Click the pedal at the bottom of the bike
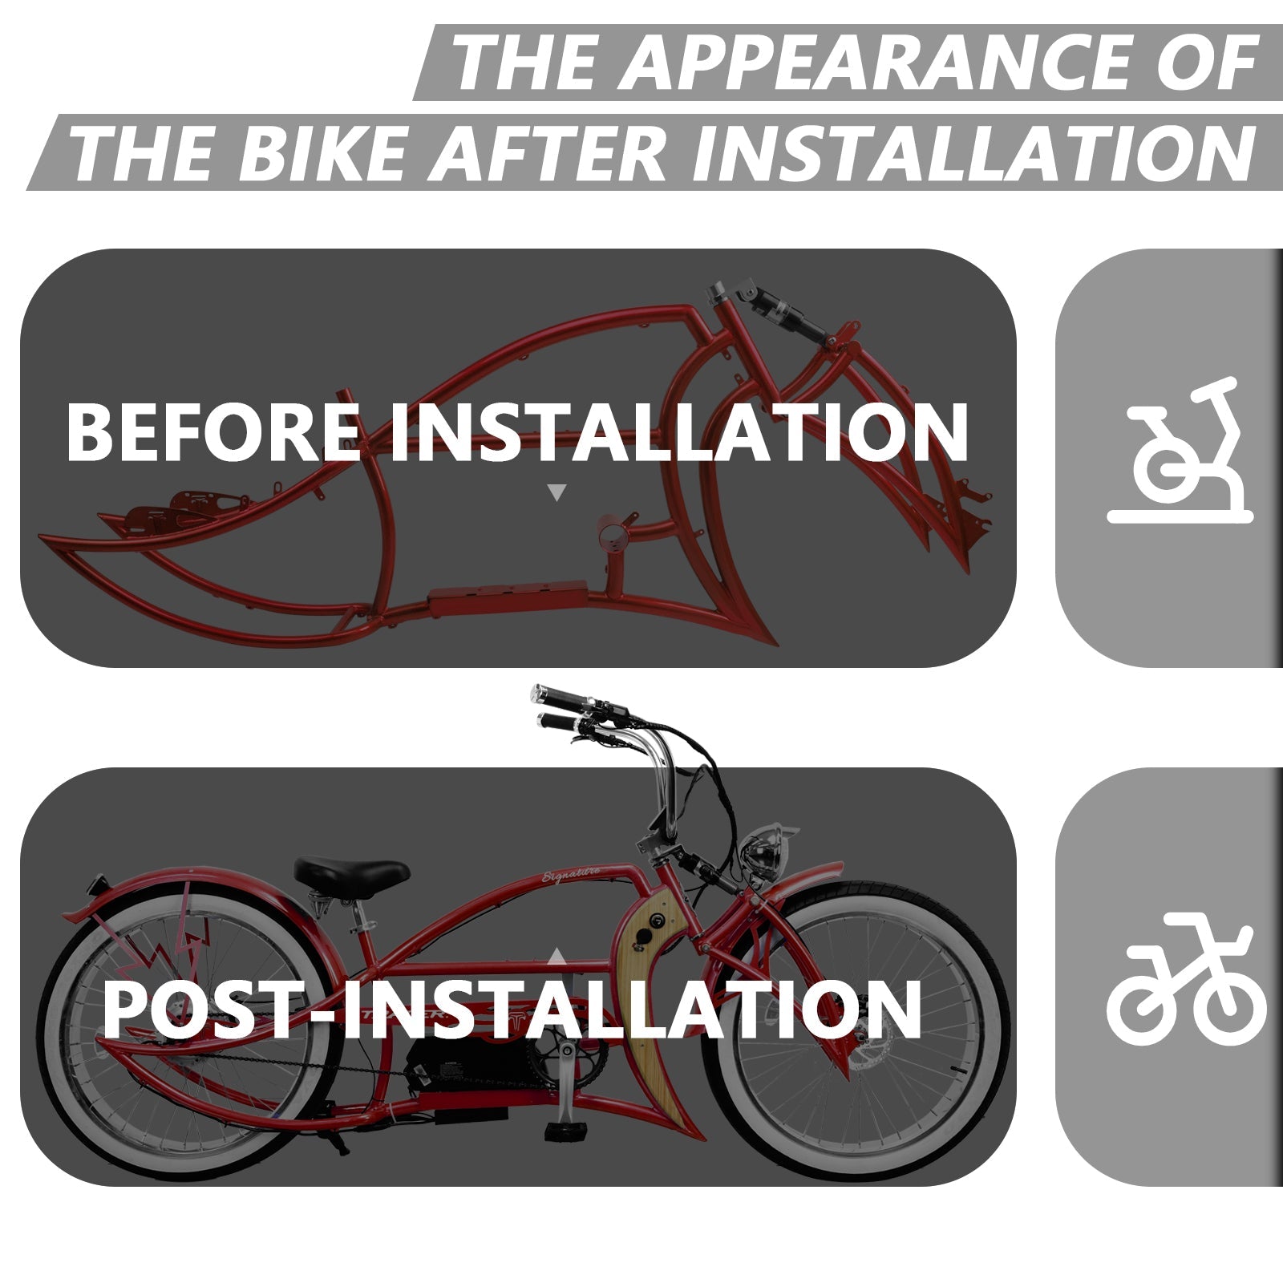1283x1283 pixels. point(559,1131)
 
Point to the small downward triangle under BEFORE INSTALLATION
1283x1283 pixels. point(556,492)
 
